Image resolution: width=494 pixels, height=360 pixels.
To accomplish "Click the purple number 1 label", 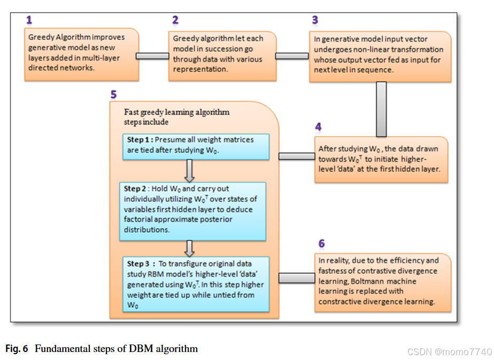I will (29, 20).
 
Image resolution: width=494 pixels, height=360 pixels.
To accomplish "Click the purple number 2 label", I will (175, 20).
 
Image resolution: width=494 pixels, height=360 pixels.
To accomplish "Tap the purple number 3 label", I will (315, 20).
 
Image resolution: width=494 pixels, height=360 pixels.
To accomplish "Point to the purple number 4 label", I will (318, 127).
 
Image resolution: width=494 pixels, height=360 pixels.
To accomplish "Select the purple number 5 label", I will (113, 95).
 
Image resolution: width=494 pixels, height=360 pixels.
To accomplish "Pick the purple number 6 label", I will (321, 244).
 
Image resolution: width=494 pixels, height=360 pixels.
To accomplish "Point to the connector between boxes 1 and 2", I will (153, 56).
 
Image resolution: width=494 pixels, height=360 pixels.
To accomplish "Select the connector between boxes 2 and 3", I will (292, 56).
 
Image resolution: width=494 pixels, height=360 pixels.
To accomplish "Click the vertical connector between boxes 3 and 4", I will (381, 109).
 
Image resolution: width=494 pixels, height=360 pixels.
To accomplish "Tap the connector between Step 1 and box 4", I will (297, 156).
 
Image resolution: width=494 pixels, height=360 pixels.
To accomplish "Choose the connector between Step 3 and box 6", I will (297, 278).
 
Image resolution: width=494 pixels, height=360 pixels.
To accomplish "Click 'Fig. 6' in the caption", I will (17, 349).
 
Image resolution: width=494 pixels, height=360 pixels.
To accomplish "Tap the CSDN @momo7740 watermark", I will (449, 352).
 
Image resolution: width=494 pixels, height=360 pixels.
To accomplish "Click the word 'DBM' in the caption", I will (141, 349).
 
